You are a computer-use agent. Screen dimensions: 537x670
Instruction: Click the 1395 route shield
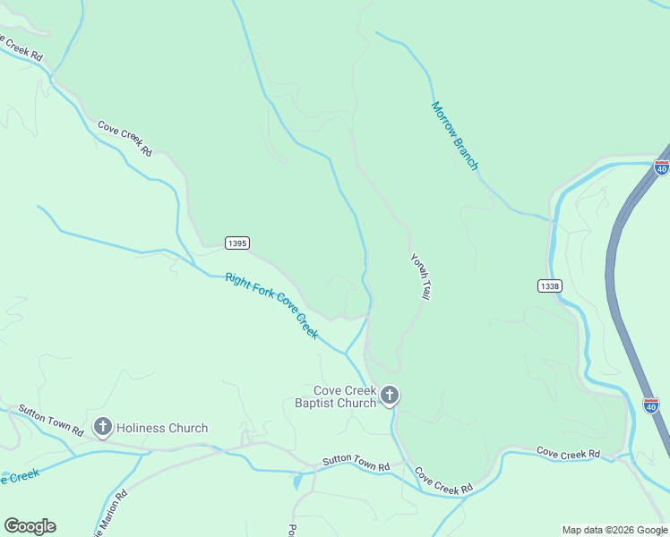237,243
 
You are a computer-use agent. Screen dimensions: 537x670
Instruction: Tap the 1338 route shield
550,286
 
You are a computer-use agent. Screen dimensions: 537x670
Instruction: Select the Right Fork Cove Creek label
271,305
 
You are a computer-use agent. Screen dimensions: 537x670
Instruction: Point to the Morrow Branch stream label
455,135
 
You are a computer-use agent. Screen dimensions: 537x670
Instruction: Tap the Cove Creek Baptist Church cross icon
390,396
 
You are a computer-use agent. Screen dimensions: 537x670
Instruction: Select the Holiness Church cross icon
103,428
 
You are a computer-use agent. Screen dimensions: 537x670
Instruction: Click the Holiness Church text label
162,428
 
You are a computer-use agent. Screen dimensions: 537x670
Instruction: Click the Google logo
30,526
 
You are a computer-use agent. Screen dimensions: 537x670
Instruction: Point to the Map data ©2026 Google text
614,530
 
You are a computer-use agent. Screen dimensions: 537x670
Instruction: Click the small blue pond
297,482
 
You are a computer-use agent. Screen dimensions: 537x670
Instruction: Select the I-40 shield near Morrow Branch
662,167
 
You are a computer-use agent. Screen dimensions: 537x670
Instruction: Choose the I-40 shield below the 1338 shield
651,405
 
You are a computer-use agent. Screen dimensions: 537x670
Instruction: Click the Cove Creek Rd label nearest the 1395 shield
125,139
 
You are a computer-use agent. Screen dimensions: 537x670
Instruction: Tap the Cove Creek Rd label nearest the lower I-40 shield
568,454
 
